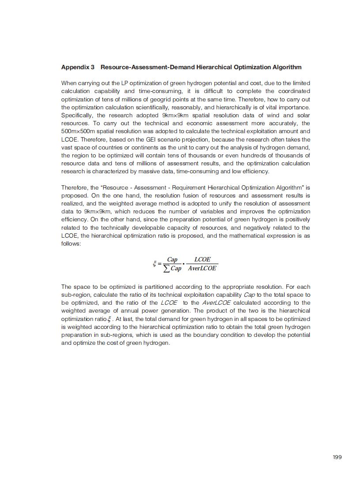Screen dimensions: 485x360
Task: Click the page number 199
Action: [x=337, y=457]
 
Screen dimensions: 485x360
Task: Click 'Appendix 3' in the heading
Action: [x=78, y=67]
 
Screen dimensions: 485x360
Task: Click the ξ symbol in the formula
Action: [x=155, y=264]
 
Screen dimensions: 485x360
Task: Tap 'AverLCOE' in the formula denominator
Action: [x=202, y=269]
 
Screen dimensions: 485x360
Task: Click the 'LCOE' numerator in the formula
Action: [x=202, y=260]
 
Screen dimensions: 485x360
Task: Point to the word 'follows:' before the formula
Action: [x=71, y=244]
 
